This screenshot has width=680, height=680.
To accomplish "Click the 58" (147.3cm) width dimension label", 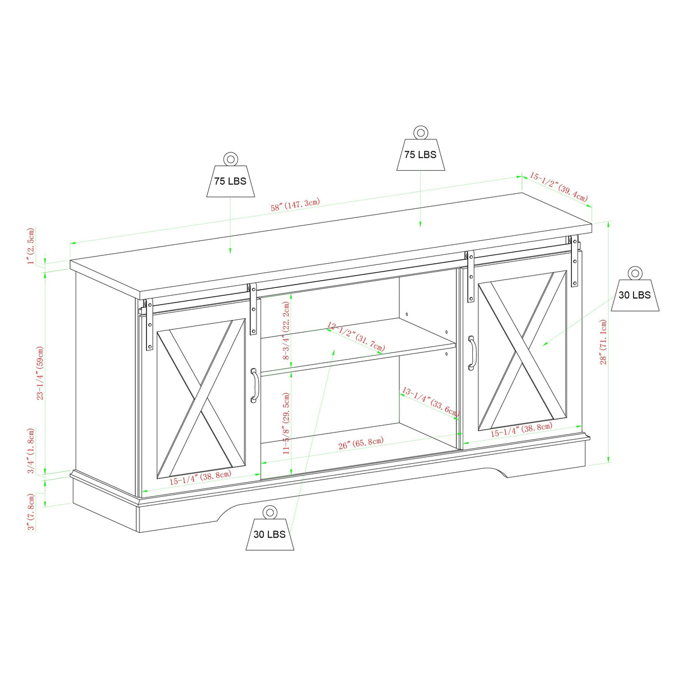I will click(x=295, y=205).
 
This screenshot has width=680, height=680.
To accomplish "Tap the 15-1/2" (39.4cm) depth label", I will click(x=558, y=187).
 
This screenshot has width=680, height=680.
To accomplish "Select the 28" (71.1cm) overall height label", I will click(x=603, y=342).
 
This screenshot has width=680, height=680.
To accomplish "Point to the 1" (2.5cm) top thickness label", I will click(x=31, y=246).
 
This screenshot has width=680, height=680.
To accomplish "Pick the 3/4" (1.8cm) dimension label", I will click(x=31, y=451).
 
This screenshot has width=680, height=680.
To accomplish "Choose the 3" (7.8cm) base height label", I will click(x=31, y=511).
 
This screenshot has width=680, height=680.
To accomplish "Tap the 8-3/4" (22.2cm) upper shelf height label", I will click(x=286, y=330).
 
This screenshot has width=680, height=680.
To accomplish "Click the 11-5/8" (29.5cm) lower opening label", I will click(x=286, y=422).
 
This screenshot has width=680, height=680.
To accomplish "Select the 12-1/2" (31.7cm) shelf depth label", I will click(x=356, y=337).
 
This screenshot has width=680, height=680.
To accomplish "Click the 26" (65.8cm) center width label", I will click(x=361, y=443).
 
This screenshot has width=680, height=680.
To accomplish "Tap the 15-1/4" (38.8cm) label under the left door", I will click(x=200, y=478).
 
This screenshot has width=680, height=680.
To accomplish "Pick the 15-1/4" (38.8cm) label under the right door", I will click(x=521, y=430).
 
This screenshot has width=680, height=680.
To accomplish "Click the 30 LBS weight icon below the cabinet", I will click(x=269, y=529).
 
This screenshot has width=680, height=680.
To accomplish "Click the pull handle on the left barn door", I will click(x=254, y=385).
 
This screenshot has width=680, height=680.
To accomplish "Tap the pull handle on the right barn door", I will click(x=472, y=353).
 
